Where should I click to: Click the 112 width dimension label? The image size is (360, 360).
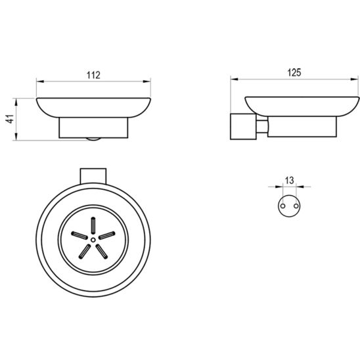pyautogui.click(x=93, y=75)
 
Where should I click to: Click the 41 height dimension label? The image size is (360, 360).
pyautogui.click(x=11, y=119)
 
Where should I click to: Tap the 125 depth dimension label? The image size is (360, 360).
pyautogui.click(x=294, y=72)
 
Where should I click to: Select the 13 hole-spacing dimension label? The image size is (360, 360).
pyautogui.click(x=290, y=180)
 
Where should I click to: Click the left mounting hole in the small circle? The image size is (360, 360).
pyautogui.click(x=283, y=206)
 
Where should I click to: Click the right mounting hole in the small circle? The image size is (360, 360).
pyautogui.click(x=296, y=206)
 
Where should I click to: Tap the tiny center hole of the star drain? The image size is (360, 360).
pyautogui.click(x=93, y=240)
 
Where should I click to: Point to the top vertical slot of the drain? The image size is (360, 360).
pyautogui.click(x=93, y=225)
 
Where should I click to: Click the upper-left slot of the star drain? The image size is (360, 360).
pyautogui.click(x=79, y=235)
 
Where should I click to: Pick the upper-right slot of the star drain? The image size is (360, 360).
pyautogui.click(x=107, y=235)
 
